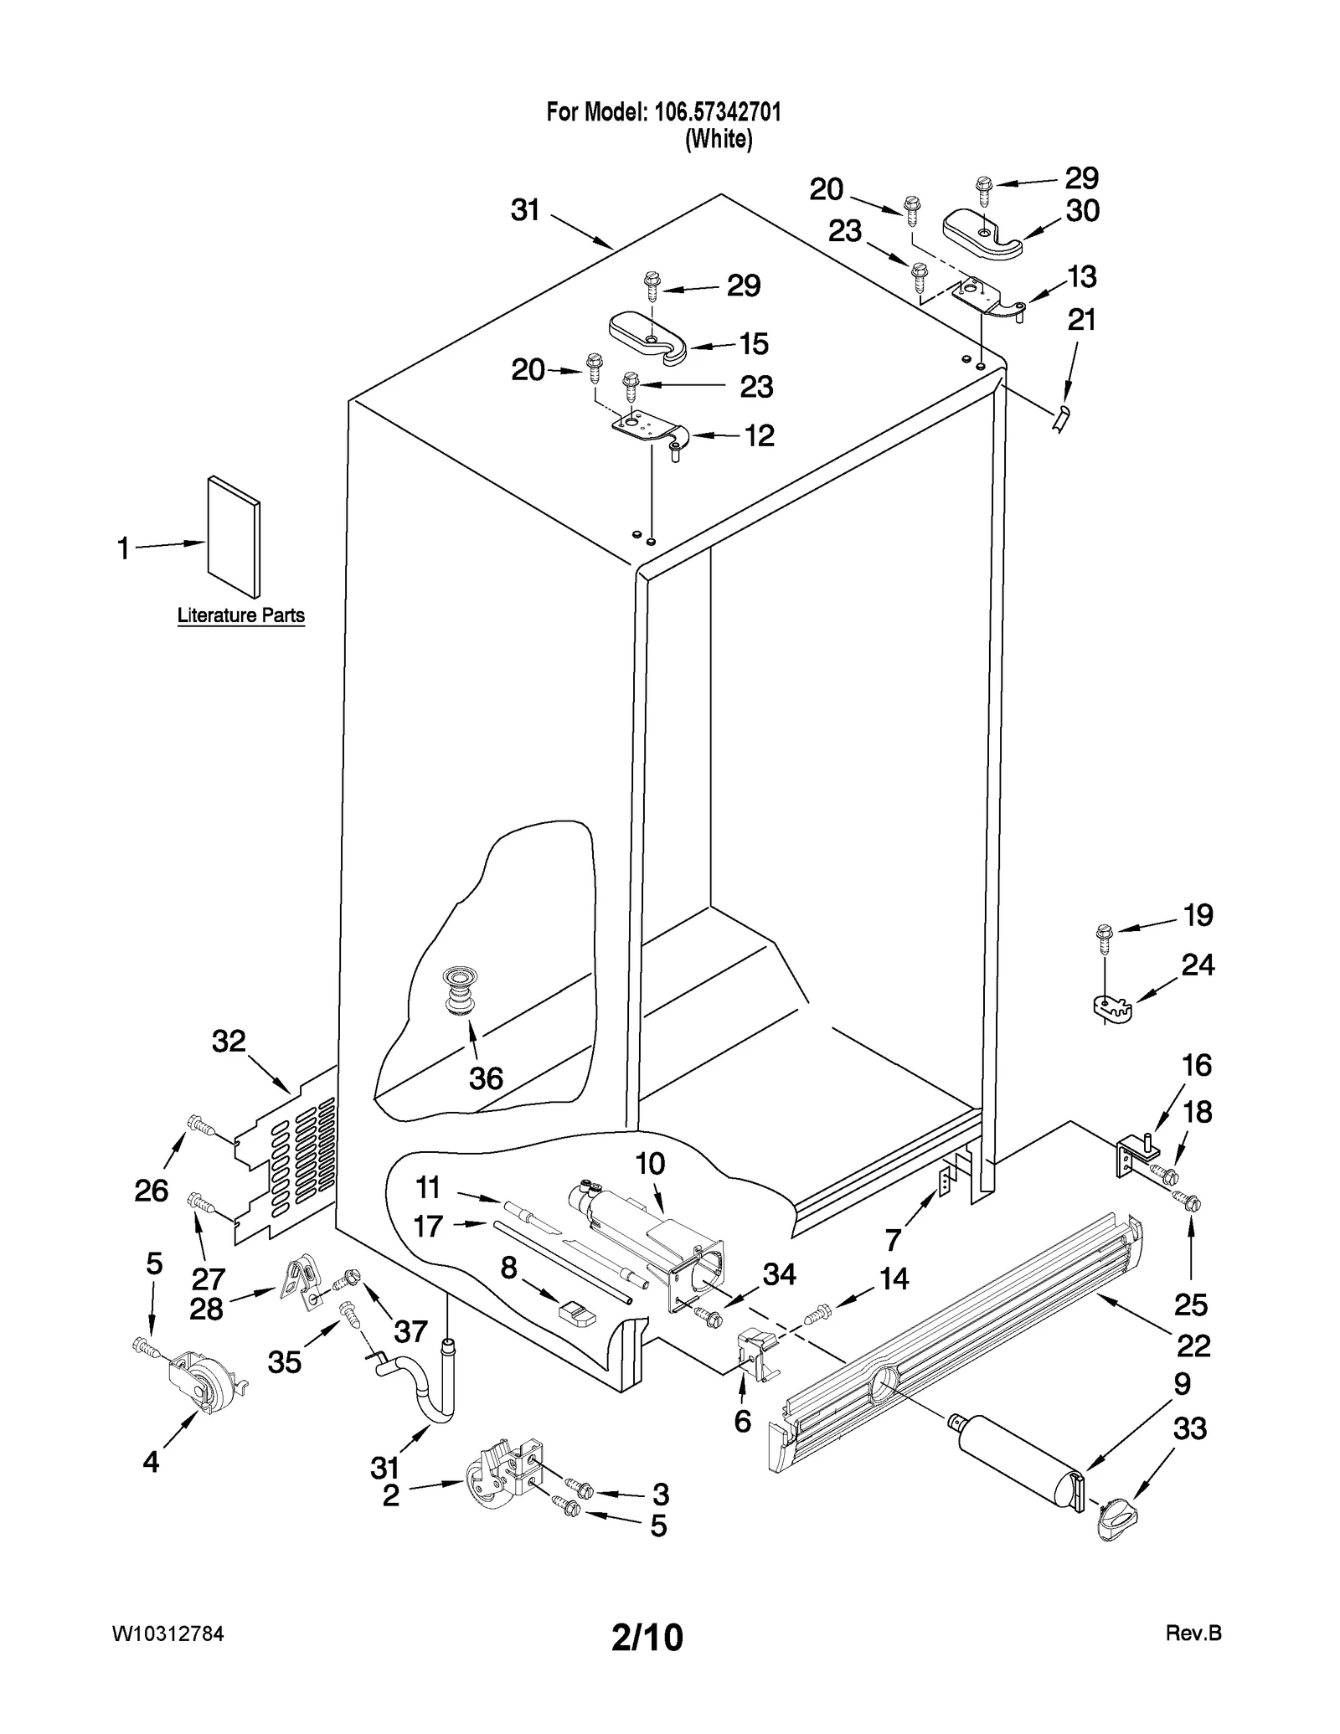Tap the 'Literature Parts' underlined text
[240, 615]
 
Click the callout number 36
[486, 1078]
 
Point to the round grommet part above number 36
[458, 990]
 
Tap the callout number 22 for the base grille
[1193, 1346]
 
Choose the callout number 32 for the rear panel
[229, 1042]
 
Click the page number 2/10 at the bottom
[647, 1637]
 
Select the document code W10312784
[167, 1634]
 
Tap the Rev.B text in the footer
[1193, 1634]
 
